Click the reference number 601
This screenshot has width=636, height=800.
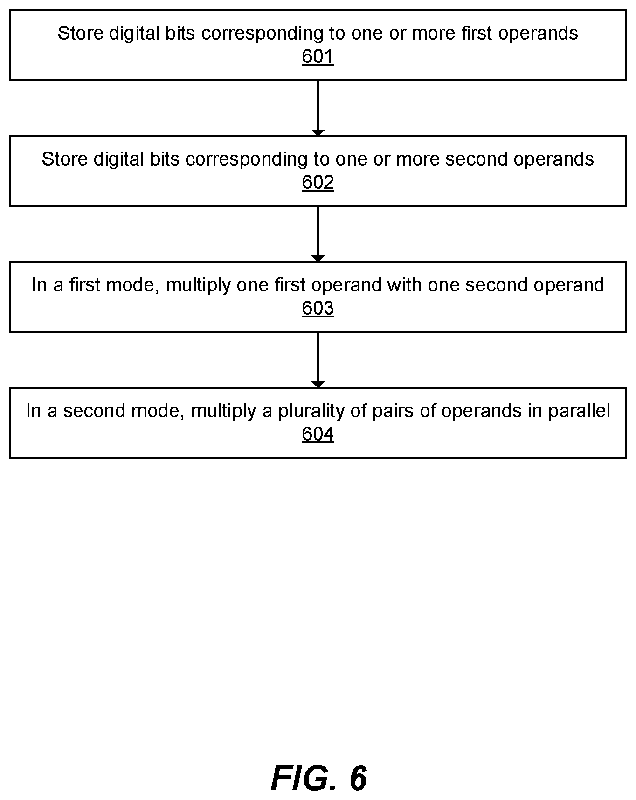[x=318, y=57]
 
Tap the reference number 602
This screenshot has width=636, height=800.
[x=318, y=183]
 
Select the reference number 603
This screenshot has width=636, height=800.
[x=318, y=309]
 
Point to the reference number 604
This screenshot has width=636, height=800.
[x=318, y=434]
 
